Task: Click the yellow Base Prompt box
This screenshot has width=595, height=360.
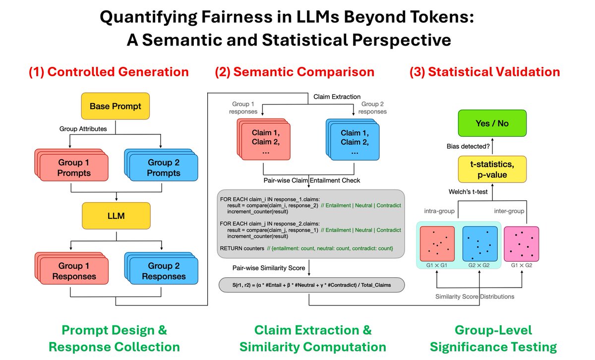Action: coord(115,106)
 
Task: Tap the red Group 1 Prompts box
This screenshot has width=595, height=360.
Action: coord(71,168)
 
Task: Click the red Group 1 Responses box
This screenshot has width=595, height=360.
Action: coord(71,271)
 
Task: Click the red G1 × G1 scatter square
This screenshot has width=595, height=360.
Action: coord(437,243)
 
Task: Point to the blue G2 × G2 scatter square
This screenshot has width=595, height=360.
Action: coord(479,243)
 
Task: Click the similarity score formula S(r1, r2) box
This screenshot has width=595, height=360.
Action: coord(311,285)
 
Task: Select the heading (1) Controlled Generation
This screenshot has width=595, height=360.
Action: coord(109,72)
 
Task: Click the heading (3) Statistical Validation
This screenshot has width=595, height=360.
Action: coord(484,72)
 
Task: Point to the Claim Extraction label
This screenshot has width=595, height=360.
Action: coord(337,97)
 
